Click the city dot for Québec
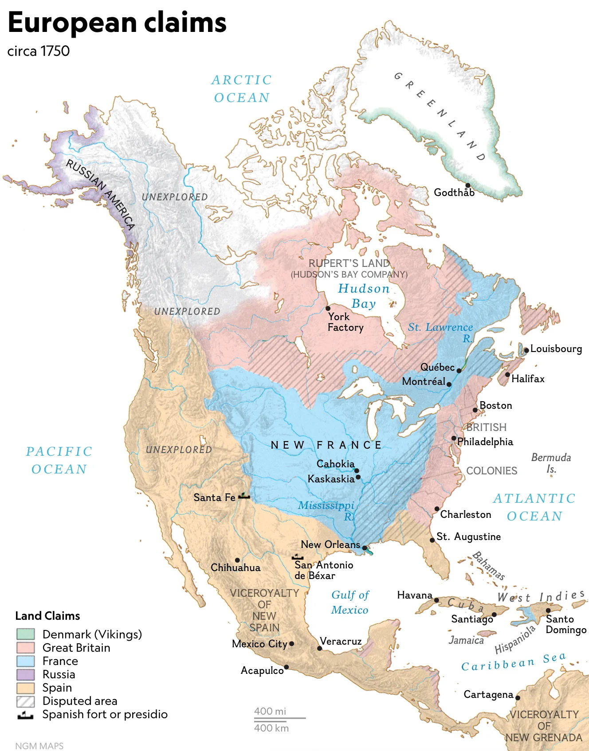point(459,371)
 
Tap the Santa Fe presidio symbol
point(244,496)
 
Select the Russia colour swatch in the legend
point(25,674)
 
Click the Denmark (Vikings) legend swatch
point(25,634)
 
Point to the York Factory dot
point(328,308)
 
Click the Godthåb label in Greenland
point(454,192)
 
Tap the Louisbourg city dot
point(526,350)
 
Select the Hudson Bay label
point(364,296)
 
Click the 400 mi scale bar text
point(270,711)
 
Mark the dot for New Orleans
point(365,548)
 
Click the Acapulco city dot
point(287,667)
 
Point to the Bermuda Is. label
point(551,463)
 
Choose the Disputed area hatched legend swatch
point(25,701)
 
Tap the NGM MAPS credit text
point(39,746)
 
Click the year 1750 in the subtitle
point(55,51)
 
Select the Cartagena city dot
point(518,698)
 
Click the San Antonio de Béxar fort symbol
point(297,557)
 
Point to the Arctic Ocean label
point(242,89)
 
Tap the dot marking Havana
point(436,600)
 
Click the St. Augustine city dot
point(432,540)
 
